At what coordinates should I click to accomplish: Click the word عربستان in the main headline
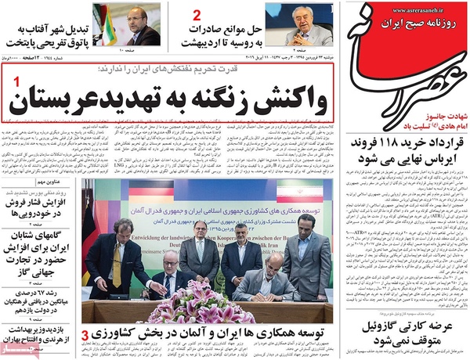click(47, 102)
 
